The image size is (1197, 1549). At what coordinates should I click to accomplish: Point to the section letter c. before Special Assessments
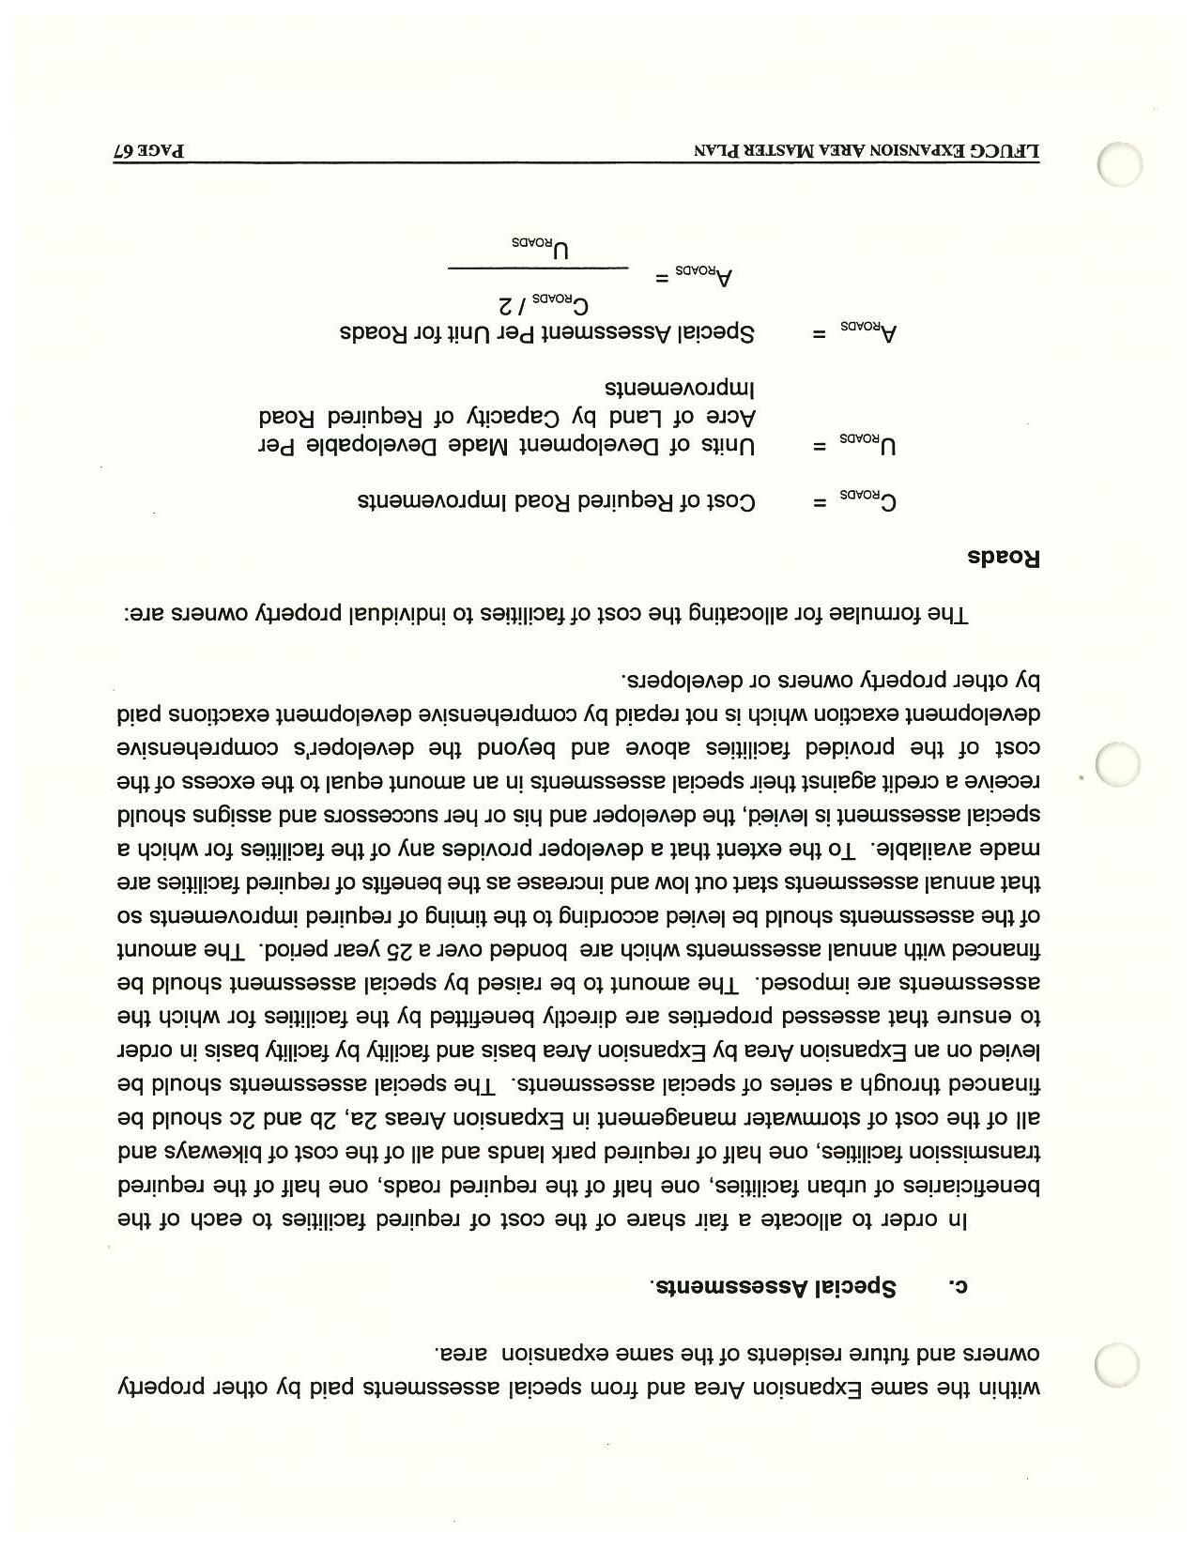click(x=956, y=1286)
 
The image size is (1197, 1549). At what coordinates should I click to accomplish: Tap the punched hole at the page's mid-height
click(x=1118, y=764)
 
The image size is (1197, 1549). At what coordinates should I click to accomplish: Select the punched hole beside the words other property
click(x=1118, y=1363)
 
